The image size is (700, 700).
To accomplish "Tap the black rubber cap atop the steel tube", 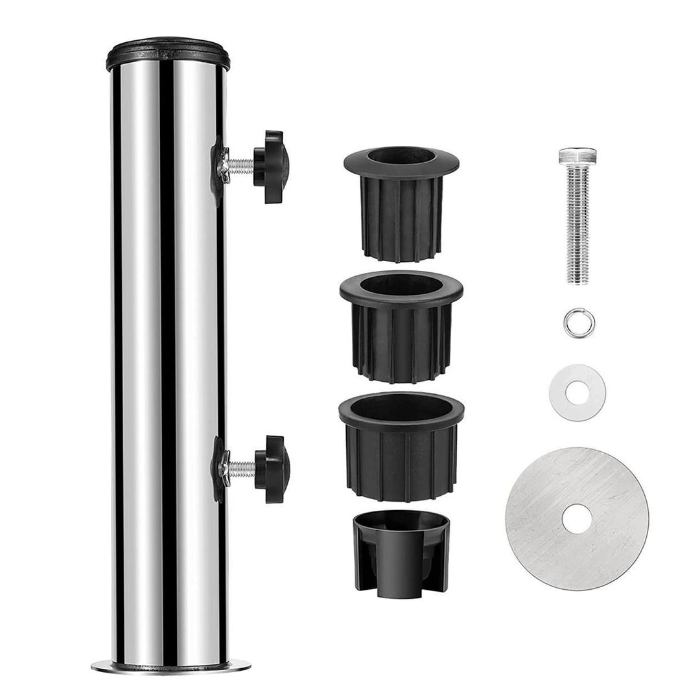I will pyautogui.click(x=168, y=55).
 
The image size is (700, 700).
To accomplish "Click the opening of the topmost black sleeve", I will pyautogui.click(x=401, y=157).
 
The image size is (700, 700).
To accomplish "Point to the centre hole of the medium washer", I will pyautogui.click(x=574, y=391).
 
